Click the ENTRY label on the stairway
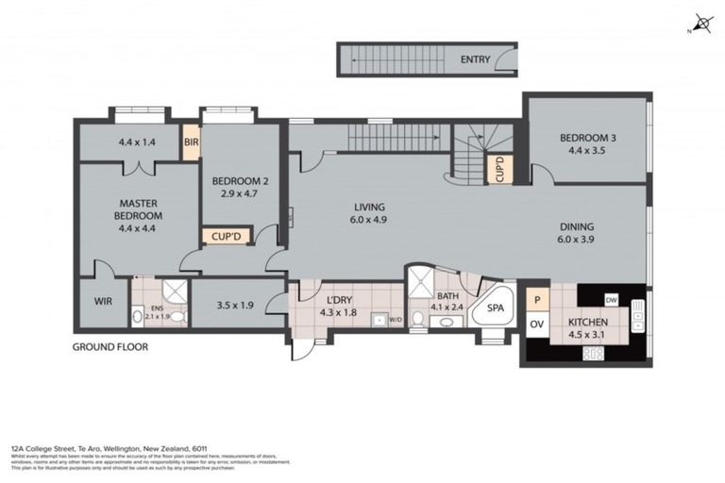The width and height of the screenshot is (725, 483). click(475, 60)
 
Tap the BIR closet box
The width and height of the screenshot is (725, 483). click(192, 143)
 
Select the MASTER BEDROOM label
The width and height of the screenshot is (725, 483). click(139, 208)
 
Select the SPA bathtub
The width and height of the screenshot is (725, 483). click(495, 308)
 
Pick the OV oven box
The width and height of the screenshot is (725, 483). click(535, 325)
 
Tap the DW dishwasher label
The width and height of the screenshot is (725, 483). click(612, 299)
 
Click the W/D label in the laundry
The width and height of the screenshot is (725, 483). click(394, 319)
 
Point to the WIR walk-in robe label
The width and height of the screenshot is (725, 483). click(103, 304)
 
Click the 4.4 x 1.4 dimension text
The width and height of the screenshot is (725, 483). click(136, 143)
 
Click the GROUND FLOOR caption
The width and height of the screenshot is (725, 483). click(110, 347)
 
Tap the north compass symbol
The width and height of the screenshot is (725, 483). click(700, 23)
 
